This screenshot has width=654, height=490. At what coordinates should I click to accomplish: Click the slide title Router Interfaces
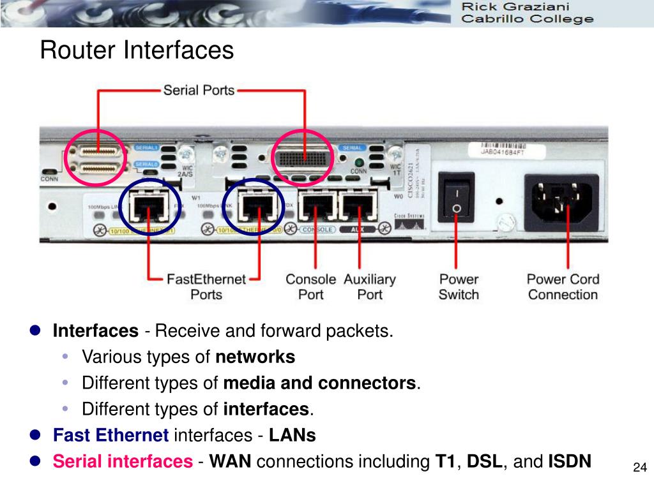[137, 50]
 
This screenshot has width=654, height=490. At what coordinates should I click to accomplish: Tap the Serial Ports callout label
[199, 90]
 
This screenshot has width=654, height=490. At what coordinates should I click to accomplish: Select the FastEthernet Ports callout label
[206, 287]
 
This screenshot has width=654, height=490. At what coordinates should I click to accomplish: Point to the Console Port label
[310, 287]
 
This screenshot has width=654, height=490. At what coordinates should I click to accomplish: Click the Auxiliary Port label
[370, 287]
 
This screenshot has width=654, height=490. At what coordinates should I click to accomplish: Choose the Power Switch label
[459, 287]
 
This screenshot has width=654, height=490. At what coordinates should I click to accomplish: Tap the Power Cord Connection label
[563, 287]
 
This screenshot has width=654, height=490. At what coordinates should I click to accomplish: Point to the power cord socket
[561, 199]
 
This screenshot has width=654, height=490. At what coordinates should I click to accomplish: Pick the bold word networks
[255, 357]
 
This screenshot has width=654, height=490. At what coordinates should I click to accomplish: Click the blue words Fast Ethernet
[110, 435]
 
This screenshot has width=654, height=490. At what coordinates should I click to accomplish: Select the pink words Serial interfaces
[122, 461]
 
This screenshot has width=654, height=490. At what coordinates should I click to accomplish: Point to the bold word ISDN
[570, 461]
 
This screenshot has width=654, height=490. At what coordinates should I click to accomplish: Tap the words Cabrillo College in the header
[527, 19]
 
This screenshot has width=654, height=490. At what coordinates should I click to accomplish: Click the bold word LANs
[292, 435]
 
